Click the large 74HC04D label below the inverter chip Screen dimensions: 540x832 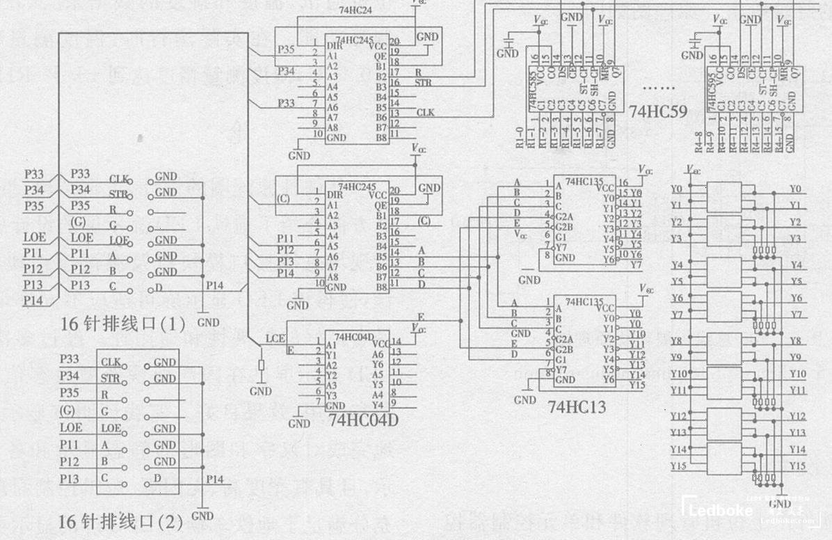click(x=364, y=421)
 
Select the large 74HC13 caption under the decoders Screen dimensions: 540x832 click(x=577, y=406)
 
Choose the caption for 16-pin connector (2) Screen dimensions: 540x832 click(x=120, y=521)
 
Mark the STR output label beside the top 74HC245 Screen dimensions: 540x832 click(x=423, y=83)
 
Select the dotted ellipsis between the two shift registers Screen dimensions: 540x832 click(x=657, y=87)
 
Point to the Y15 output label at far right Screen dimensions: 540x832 click(x=798, y=466)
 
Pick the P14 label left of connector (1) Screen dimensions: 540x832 click(x=33, y=301)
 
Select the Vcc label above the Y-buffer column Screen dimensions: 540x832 click(x=693, y=169)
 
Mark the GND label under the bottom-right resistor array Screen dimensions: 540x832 click(x=780, y=503)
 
